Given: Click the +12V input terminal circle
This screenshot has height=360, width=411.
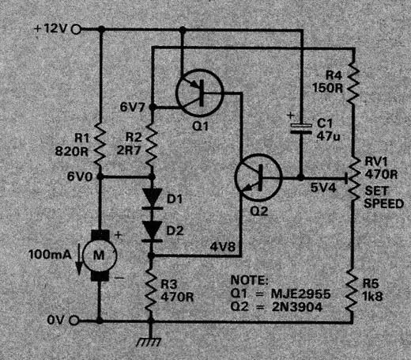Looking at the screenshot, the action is tap(76, 29).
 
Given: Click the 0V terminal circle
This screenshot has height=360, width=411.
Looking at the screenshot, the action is tap(74, 320).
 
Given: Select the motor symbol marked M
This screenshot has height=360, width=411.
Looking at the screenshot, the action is tap(100, 256).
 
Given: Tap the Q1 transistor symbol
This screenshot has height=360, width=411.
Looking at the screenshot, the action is tap(200, 93).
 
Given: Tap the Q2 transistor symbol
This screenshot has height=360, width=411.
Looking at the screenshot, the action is tap(258, 177).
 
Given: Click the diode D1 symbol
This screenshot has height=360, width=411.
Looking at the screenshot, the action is tap(152, 199).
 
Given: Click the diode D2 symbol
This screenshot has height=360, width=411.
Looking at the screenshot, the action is tap(152, 231).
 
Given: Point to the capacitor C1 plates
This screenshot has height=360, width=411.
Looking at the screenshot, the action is tap(300, 128).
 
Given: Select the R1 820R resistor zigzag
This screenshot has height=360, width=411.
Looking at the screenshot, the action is tap(100, 144).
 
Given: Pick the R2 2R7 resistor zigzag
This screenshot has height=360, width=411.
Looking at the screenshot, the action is tap(152, 144).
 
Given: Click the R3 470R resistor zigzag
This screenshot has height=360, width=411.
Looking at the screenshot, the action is tap(151, 290).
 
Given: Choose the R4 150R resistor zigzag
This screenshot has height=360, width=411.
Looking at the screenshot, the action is tap(353, 81).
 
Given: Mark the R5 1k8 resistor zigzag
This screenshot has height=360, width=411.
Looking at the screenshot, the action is tap(353, 290).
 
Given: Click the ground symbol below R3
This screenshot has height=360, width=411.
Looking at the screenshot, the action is tap(149, 339).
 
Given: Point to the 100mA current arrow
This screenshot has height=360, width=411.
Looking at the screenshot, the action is tap(79, 260).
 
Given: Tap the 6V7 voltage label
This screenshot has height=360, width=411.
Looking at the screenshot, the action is tap(133, 107).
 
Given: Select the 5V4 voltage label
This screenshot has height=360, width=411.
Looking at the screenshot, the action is tap(323, 188).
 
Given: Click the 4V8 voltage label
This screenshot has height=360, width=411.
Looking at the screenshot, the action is tap(222, 247).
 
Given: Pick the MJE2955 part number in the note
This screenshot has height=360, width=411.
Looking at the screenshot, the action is tap(300, 294).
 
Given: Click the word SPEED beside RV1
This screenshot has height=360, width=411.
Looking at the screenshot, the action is tap(383, 203).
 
